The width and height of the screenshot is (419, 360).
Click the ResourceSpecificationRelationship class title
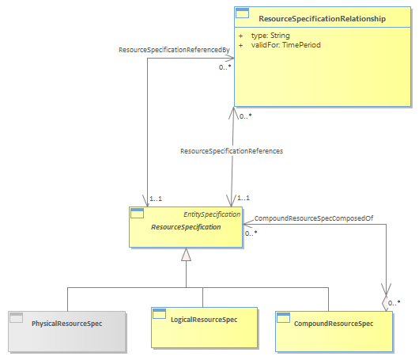[322, 19]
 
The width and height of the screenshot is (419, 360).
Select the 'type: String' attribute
[270, 36]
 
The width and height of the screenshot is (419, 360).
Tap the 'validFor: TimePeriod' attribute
[285, 45]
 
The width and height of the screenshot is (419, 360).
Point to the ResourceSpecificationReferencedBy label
[174, 50]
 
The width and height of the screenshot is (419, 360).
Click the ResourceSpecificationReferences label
[232, 151]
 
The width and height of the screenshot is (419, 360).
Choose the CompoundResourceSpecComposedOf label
[314, 218]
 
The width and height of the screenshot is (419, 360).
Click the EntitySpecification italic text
[212, 214]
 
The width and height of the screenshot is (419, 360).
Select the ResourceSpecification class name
[186, 227]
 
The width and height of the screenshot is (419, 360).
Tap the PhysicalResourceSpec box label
[67, 324]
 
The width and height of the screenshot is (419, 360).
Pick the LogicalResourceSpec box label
[204, 320]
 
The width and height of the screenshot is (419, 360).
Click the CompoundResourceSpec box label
[334, 324]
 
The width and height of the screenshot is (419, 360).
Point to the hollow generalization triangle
[186, 254]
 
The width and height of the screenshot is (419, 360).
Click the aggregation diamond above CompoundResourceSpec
[386, 303]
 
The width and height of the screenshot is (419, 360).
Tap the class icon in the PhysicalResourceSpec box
[17, 318]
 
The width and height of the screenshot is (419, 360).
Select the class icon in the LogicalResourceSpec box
[159, 314]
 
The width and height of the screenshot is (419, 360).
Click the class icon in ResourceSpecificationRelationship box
[243, 13]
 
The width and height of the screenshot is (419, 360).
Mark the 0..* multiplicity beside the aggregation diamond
[394, 303]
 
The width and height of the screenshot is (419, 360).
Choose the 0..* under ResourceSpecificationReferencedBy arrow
[225, 67]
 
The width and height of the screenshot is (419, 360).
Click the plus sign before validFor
[241, 45]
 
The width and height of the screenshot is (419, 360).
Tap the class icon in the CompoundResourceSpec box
[284, 318]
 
